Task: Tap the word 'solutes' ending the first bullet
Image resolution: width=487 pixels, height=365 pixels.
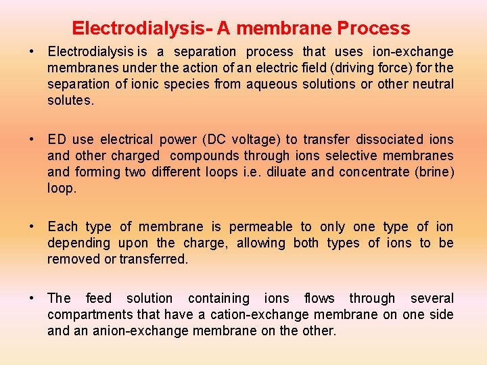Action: [x=70, y=100]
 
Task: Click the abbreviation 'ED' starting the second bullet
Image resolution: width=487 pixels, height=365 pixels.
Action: [x=57, y=139]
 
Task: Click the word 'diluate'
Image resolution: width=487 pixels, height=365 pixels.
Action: [x=286, y=172]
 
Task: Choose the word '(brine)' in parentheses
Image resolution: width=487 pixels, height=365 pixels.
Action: [x=434, y=172]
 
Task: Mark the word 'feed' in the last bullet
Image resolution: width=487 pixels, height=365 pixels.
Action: [x=99, y=298]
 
